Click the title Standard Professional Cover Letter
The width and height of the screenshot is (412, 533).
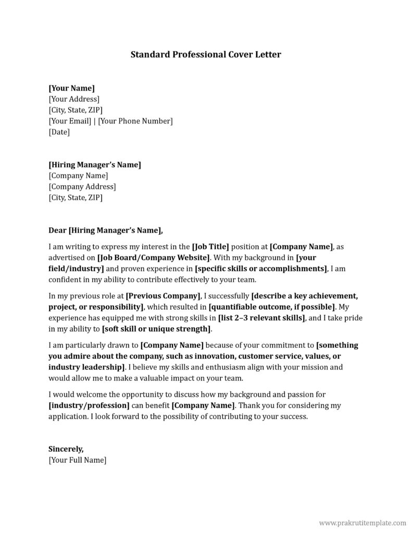pos(206,54)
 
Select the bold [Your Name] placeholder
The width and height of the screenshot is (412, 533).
pos(71,88)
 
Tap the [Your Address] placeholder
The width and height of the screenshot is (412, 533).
pos(73,99)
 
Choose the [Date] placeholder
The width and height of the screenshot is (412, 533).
pos(59,132)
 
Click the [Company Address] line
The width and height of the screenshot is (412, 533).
pos(82,186)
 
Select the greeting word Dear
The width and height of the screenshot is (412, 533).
pos(57,230)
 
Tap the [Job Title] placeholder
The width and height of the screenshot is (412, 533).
pos(210,246)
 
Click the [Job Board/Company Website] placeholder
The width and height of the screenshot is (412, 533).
pos(154,257)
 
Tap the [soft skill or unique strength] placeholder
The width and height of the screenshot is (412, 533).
pos(157,328)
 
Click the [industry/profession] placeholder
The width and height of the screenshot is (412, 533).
pos(89,405)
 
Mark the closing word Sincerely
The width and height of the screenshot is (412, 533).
pos(66,449)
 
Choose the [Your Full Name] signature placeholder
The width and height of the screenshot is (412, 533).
pos(77,460)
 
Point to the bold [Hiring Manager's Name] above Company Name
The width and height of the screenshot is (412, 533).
pos(94,164)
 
